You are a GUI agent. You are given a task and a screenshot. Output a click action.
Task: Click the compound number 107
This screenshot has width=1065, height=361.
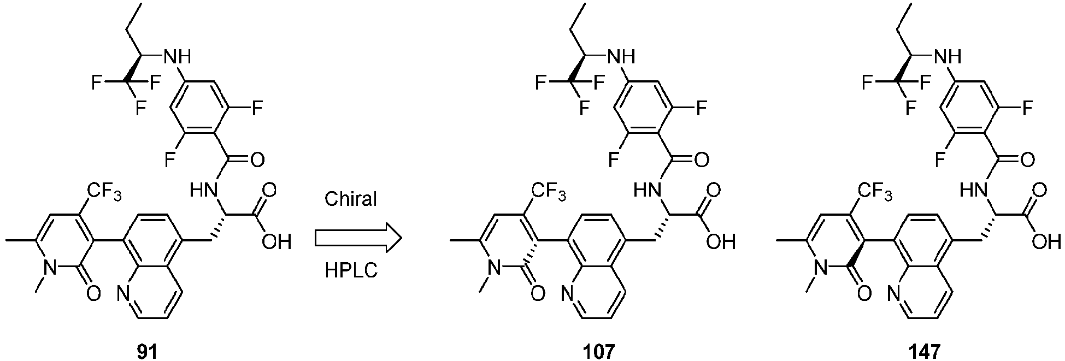(599, 351)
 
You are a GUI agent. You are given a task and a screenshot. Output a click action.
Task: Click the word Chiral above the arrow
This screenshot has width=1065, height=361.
(350, 199)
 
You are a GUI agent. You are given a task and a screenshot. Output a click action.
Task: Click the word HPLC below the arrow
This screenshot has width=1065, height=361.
(350, 271)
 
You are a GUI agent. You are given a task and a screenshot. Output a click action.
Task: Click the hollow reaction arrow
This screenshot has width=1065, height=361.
(358, 237)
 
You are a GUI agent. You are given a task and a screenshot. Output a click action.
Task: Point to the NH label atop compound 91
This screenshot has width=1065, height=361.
(178, 56)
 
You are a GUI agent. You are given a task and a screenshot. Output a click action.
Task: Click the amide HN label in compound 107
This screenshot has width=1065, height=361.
(646, 191)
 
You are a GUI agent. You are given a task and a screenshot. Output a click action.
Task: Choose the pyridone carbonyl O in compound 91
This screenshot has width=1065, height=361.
(93, 294)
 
